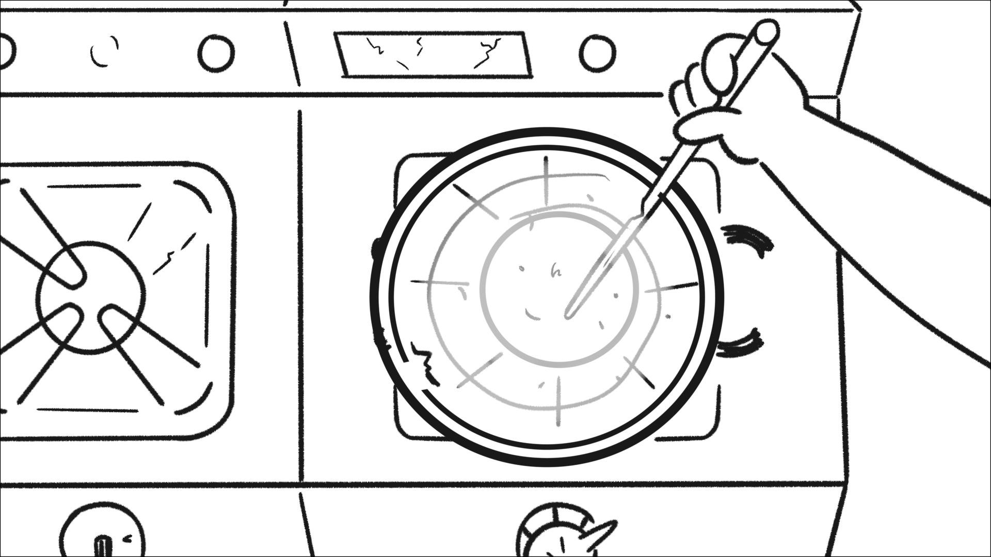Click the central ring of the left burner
(x=90, y=298)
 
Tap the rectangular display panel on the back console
(x=434, y=54)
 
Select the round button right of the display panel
(x=597, y=53)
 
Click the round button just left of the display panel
(x=216, y=53)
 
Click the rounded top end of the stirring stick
(x=766, y=31)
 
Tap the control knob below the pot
(x=555, y=534)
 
